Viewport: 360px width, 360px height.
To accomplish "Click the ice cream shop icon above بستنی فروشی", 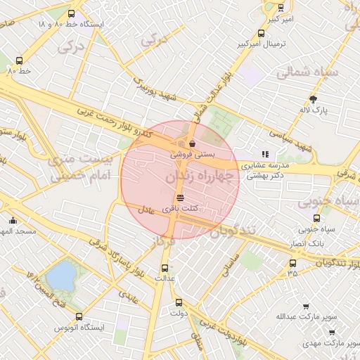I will [193, 143].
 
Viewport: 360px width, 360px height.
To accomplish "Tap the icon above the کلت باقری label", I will [181, 198].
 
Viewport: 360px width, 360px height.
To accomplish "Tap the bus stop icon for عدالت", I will [165, 268].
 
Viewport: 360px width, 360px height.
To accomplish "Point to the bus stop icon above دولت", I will [179, 302].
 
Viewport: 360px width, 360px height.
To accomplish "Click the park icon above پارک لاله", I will [314, 99].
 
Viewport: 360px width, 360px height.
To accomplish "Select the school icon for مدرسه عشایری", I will [265, 154].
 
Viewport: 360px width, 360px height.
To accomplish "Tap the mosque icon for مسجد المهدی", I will [13, 221].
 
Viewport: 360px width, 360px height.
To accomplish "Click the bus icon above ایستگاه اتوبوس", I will [79, 316].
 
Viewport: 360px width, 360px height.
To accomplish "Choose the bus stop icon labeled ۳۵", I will [292, 263].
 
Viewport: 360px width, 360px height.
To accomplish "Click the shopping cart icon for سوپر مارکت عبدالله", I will [306, 307].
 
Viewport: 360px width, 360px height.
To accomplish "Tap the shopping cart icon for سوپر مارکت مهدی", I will [332, 333].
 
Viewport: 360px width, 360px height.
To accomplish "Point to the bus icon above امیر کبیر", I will [281, 8].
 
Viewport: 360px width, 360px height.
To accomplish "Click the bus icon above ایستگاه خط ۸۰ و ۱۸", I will [70, 13].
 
